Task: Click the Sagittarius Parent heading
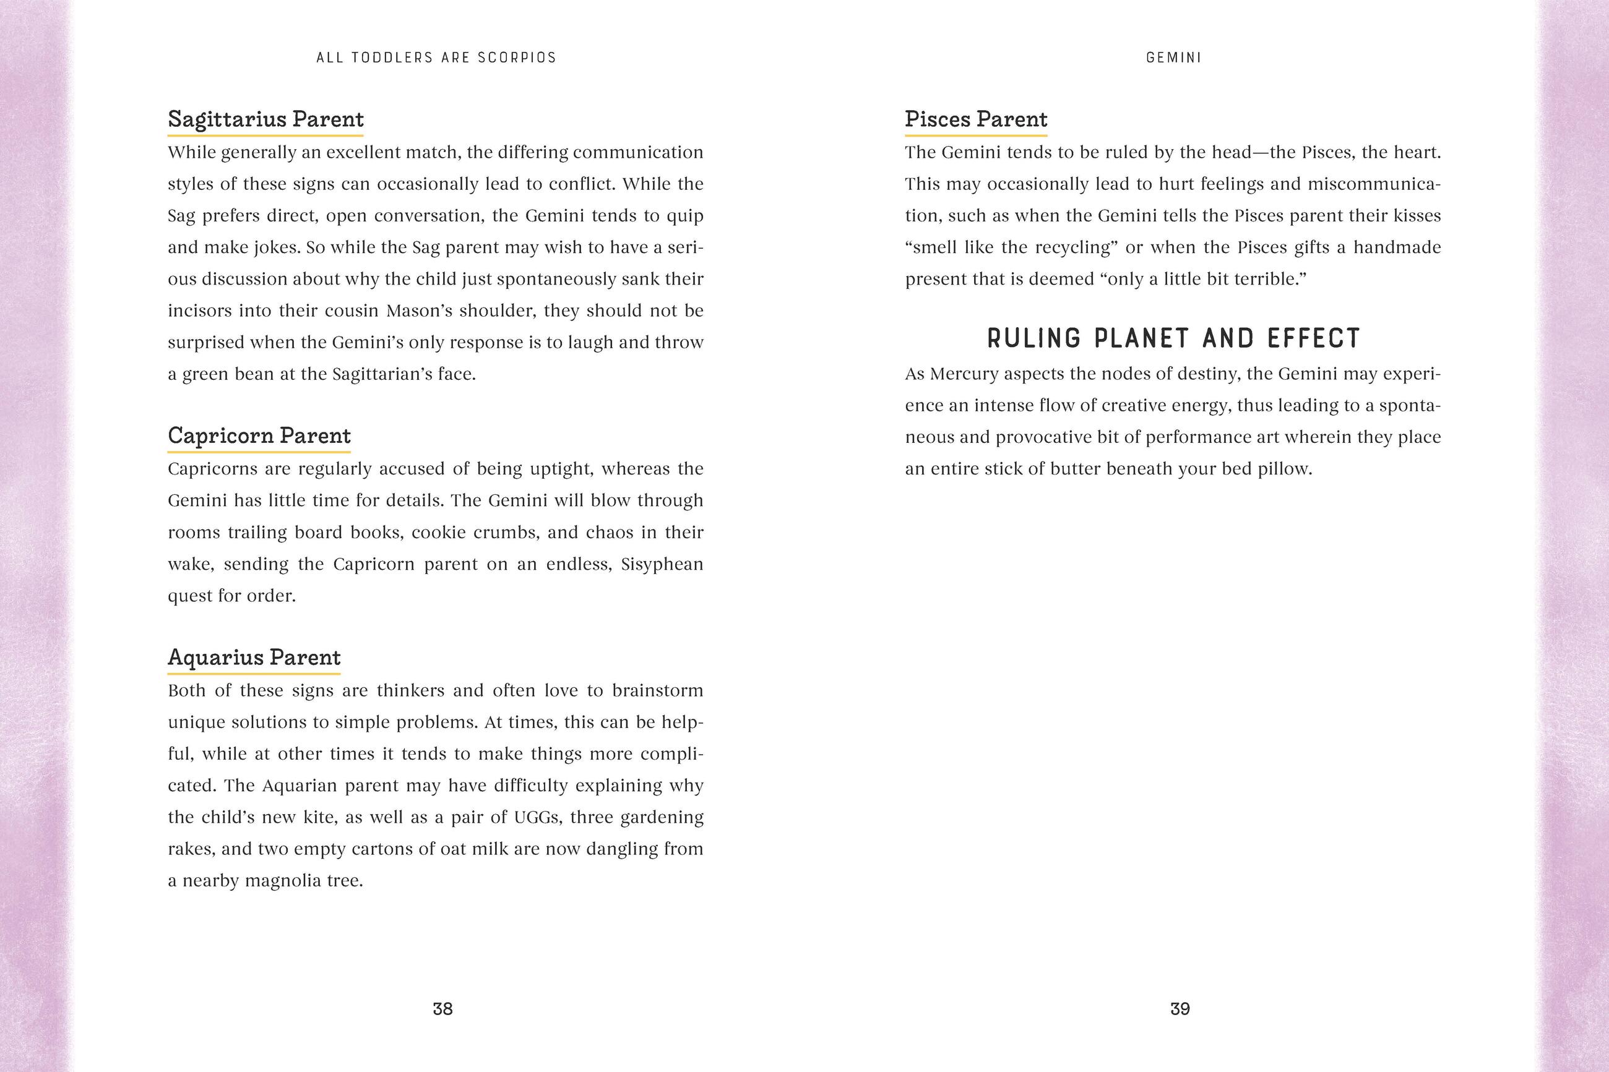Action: tap(265, 119)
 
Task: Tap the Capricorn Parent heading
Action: tap(259, 436)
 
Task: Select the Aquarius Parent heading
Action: tap(254, 658)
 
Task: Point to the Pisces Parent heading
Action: tap(976, 119)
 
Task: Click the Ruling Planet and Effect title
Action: tap(1173, 338)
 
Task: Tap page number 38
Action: tap(442, 1009)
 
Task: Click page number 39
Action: tap(1180, 1009)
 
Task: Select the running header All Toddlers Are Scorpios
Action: tap(436, 58)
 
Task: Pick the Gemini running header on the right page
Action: tap(1173, 58)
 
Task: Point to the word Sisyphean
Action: tap(662, 565)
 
